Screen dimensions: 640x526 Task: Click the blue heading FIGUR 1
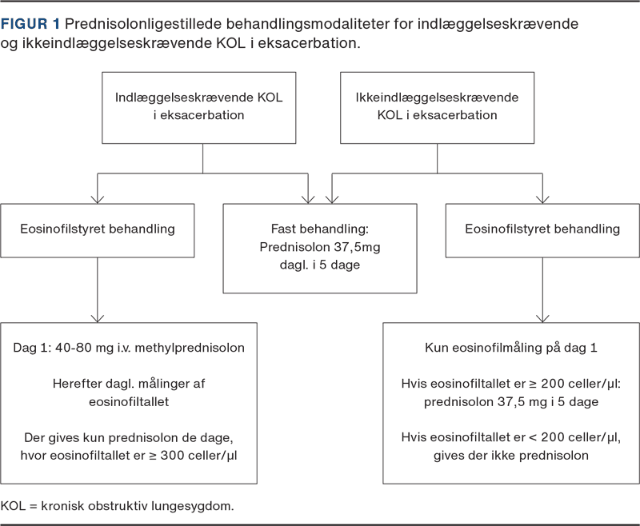pyautogui.click(x=30, y=24)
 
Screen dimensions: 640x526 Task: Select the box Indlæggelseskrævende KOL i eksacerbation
pyautogui.click(x=198, y=108)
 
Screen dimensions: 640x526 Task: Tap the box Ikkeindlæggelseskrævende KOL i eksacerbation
pyautogui.click(x=437, y=108)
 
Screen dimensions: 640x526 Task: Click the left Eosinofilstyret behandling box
pyautogui.click(x=97, y=230)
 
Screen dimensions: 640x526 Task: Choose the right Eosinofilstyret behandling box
pyautogui.click(x=542, y=230)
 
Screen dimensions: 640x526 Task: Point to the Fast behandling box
pyautogui.click(x=320, y=249)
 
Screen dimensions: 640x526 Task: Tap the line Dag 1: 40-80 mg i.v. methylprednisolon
pyautogui.click(x=129, y=348)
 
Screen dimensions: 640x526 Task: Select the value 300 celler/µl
pyautogui.click(x=198, y=455)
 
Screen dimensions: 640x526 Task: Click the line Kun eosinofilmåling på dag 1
pyautogui.click(x=511, y=348)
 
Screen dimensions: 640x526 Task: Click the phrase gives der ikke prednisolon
pyautogui.click(x=511, y=455)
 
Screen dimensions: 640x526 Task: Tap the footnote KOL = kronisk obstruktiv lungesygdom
pyautogui.click(x=117, y=506)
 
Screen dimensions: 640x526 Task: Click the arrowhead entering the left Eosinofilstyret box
pyautogui.click(x=97, y=200)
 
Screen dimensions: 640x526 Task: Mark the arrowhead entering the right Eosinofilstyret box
pyautogui.click(x=542, y=200)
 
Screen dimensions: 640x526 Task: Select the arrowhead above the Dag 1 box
pyautogui.click(x=97, y=319)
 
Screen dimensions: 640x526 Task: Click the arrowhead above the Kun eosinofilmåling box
pyautogui.click(x=542, y=319)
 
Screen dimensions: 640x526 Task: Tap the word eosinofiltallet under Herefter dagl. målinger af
pyautogui.click(x=129, y=401)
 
